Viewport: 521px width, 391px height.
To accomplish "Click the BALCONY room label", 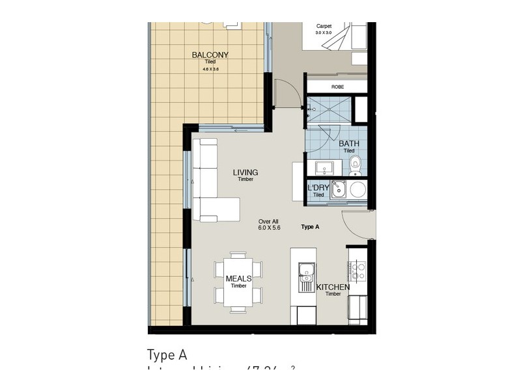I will [210, 55].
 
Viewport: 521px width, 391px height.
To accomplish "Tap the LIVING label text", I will [246, 173].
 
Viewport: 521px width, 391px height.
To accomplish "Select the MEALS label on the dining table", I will [238, 279].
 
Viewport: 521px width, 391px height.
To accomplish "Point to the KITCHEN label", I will [333, 287].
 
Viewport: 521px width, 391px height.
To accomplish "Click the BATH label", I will [348, 144].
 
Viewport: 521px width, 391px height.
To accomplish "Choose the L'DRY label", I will [318, 188].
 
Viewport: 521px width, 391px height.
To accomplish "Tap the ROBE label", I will [337, 87].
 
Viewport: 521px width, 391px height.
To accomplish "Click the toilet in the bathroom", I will [355, 165].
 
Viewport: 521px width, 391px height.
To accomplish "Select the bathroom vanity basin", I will [324, 167].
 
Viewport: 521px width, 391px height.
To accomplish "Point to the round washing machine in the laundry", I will [358, 190].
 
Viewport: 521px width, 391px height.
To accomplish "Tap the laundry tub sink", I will [337, 190].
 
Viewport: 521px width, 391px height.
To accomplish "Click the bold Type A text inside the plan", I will [310, 227].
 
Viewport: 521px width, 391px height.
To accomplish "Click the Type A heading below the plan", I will [167, 355].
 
